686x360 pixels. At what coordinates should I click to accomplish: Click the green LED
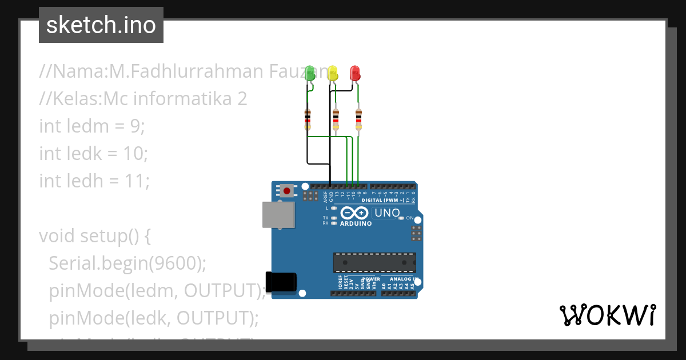pos(310,73)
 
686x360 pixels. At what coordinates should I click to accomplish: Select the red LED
pos(354,73)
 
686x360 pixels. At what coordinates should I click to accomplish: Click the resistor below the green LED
pos(308,119)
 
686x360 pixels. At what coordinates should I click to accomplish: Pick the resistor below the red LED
pos(358,119)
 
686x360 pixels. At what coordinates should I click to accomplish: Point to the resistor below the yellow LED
pos(336,119)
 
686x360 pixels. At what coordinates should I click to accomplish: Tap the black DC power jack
pos(282,282)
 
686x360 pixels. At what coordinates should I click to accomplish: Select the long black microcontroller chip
pos(374,262)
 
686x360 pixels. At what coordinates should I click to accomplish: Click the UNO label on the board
pos(386,213)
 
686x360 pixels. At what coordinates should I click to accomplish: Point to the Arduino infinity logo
pos(355,214)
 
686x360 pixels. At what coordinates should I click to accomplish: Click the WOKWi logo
pos(607,315)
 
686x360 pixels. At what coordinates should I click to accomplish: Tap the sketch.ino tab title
pos(101,25)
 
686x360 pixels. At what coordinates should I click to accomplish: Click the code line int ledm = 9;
pos(92,126)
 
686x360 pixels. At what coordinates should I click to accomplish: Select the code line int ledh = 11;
pos(94,181)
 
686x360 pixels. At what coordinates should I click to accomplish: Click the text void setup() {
pos(95,235)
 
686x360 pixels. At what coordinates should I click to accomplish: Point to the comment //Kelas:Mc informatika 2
pos(143,98)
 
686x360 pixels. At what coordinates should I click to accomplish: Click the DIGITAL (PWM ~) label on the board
pos(383,201)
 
